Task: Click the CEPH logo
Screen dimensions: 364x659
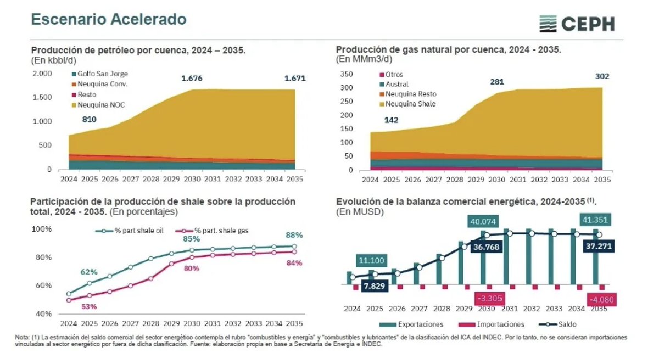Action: [577, 24]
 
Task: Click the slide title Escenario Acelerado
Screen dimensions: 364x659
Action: [108, 19]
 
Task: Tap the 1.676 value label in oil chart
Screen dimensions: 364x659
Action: [192, 79]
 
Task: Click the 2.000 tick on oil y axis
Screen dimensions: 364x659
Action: [42, 73]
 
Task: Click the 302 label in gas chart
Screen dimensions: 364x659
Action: [602, 76]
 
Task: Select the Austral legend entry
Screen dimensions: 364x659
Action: [396, 84]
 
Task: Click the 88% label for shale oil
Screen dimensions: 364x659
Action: [294, 234]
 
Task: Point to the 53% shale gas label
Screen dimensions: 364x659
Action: [89, 306]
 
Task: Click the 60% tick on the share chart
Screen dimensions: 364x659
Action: [43, 285]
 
